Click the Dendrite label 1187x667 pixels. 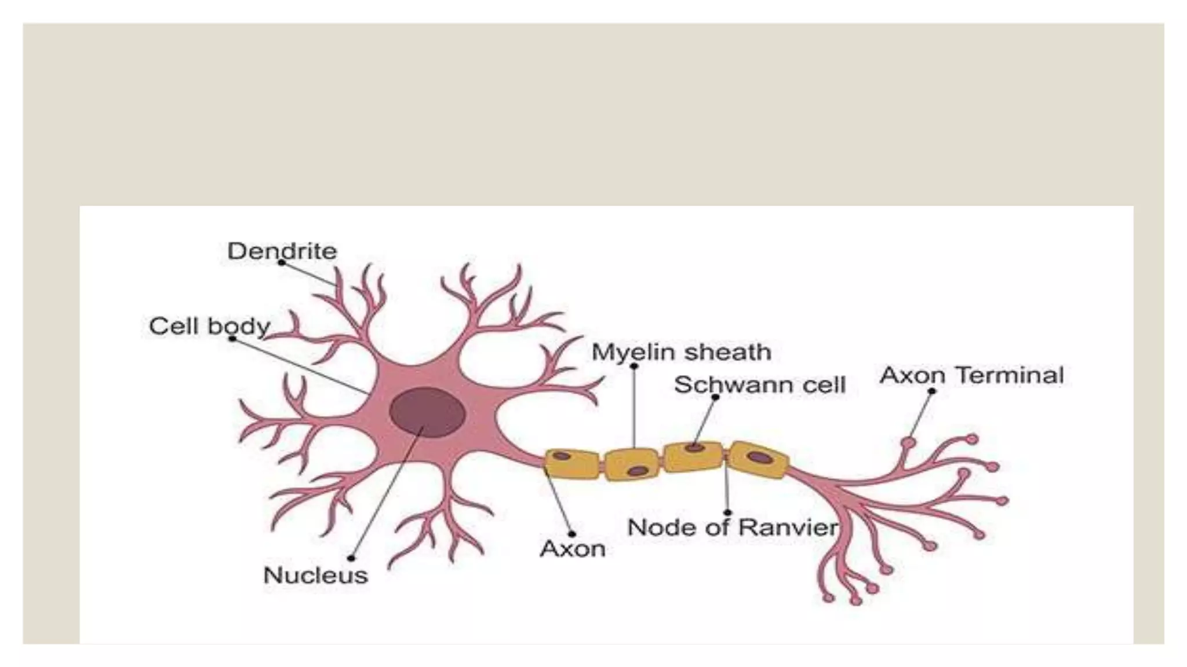click(282, 251)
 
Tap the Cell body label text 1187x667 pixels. click(209, 326)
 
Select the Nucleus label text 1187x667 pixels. click(315, 575)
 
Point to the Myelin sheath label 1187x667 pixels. click(681, 352)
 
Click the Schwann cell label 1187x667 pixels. click(760, 385)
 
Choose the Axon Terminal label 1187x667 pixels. click(971, 375)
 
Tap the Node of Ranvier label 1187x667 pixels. click(733, 527)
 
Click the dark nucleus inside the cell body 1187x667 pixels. click(427, 412)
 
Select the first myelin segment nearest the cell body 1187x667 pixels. click(571, 464)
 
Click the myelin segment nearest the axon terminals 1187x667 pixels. click(758, 459)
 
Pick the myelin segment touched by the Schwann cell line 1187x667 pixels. click(694, 456)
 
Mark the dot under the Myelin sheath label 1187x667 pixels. click(634, 366)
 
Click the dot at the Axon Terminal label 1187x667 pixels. click(932, 391)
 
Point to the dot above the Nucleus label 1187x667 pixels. click(351, 558)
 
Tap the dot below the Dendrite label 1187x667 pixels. click(282, 262)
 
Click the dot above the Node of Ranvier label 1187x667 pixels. click(727, 512)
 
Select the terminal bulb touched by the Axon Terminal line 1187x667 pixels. click(908, 443)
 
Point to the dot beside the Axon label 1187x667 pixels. click(572, 534)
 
